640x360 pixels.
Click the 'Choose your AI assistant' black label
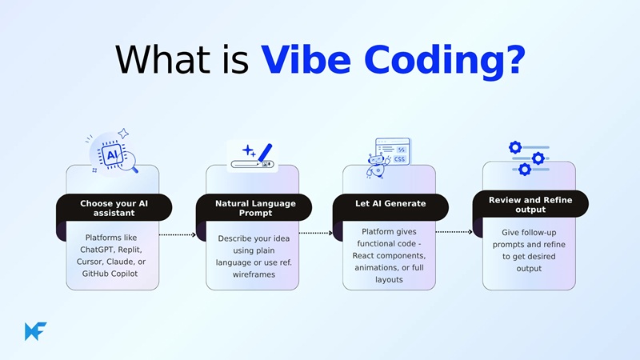tap(114, 208)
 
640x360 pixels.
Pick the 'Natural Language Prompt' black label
tap(255, 208)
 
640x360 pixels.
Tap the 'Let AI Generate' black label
tap(390, 203)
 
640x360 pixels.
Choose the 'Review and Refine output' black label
tap(530, 205)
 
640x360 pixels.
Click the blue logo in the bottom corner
tap(35, 331)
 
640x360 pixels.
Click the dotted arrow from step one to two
tap(177, 235)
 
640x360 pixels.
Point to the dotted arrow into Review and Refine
tap(453, 232)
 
